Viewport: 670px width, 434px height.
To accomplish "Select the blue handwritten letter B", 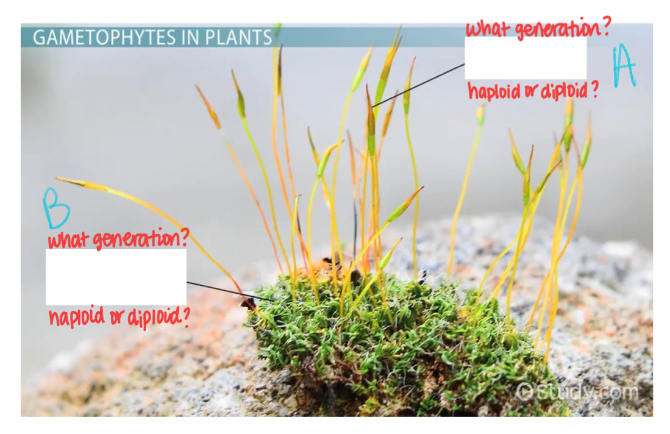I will coord(55,208).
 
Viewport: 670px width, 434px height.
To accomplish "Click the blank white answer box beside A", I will coord(526,58).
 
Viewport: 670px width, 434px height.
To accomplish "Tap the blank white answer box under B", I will coord(116,277).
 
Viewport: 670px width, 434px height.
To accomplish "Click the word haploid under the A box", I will coord(494,91).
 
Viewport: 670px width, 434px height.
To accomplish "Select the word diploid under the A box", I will coord(563,91).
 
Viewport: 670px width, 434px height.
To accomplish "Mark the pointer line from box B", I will coord(229,291).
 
